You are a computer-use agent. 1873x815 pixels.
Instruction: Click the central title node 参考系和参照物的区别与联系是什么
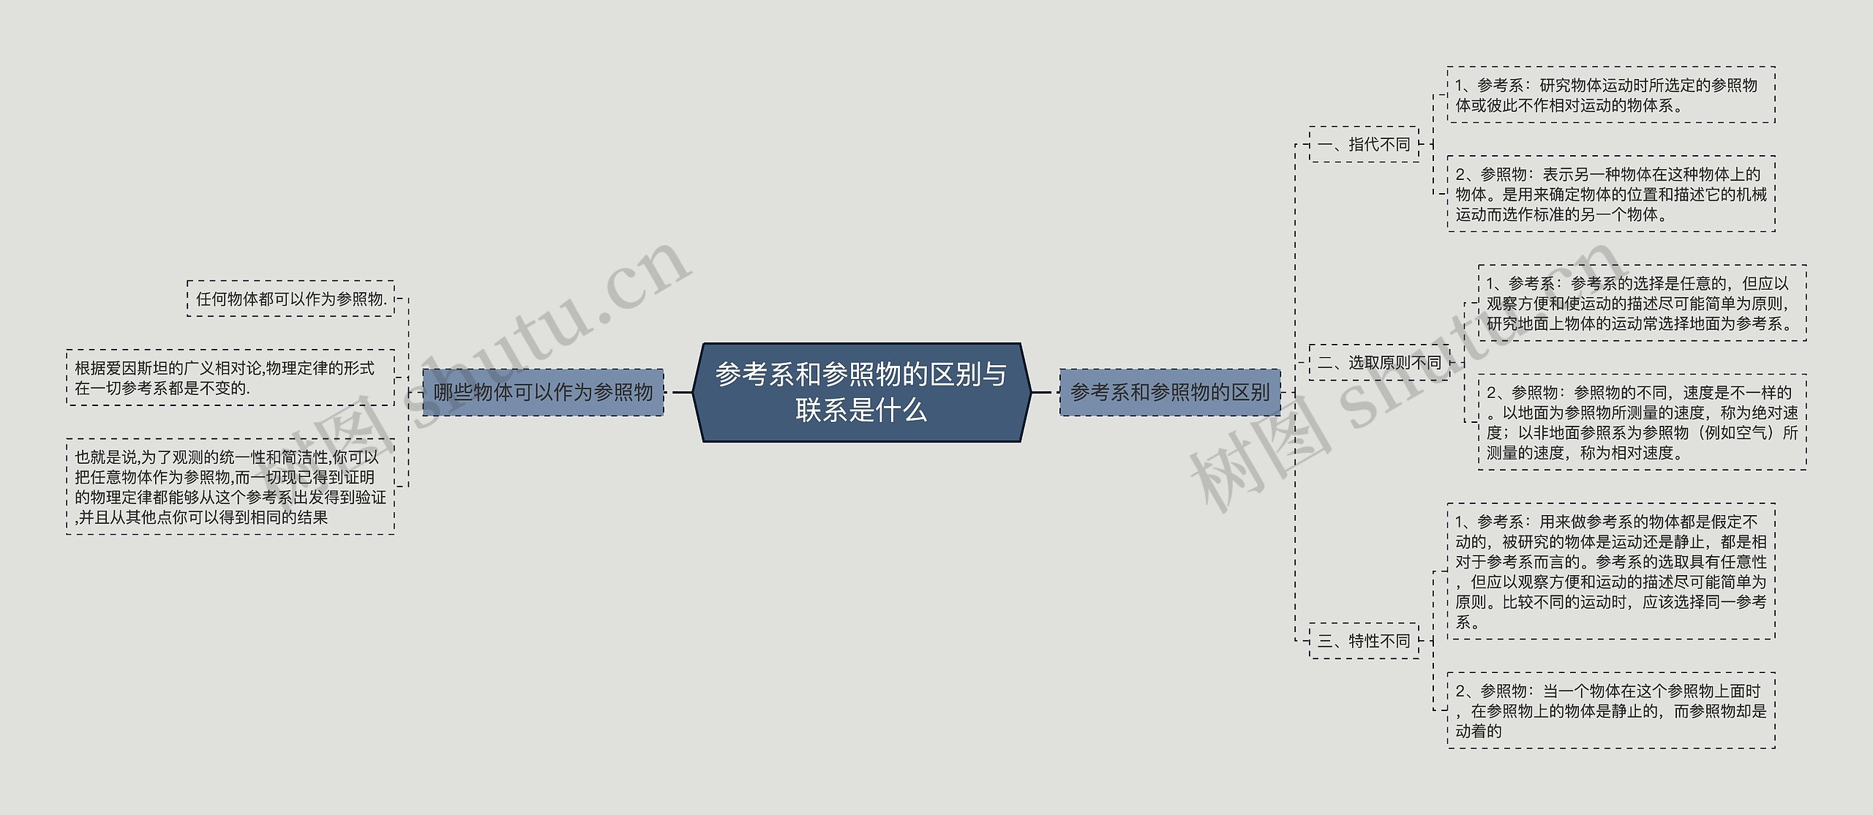click(861, 392)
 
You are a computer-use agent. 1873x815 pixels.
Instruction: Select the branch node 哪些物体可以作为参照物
click(543, 392)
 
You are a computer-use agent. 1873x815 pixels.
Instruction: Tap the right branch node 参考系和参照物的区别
click(1169, 392)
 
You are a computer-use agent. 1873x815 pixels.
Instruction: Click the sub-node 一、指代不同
click(1363, 144)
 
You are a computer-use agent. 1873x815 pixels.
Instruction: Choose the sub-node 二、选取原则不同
click(1378, 362)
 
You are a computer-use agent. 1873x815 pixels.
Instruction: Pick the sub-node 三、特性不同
click(1363, 641)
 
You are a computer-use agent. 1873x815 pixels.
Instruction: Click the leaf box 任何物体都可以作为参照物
click(290, 298)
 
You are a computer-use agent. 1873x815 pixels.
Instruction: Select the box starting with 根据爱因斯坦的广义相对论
click(230, 378)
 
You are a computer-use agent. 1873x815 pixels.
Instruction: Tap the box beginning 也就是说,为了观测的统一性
click(230, 487)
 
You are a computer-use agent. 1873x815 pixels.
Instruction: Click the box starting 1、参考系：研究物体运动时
click(1610, 95)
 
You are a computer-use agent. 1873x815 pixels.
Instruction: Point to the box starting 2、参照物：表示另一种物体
click(1610, 194)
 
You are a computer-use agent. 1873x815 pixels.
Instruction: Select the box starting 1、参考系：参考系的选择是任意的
click(1641, 303)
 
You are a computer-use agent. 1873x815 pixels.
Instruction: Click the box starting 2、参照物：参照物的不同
click(1641, 422)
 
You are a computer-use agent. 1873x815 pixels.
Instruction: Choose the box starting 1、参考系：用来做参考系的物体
click(1610, 571)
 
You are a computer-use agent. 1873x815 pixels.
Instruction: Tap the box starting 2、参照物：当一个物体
click(1610, 710)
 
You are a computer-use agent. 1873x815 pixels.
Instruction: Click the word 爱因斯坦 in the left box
click(138, 368)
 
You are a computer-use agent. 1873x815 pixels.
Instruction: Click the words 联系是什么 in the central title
click(861, 410)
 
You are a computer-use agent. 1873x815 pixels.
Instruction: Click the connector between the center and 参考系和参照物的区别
click(1045, 392)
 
